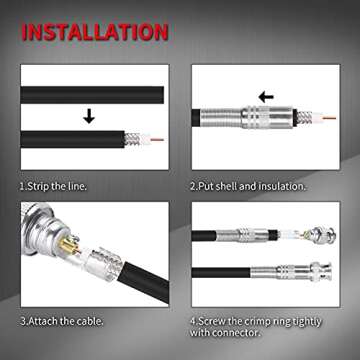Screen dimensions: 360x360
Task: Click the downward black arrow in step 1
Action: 89,116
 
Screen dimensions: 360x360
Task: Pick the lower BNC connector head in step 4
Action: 318,272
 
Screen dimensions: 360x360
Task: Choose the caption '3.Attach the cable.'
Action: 67,321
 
